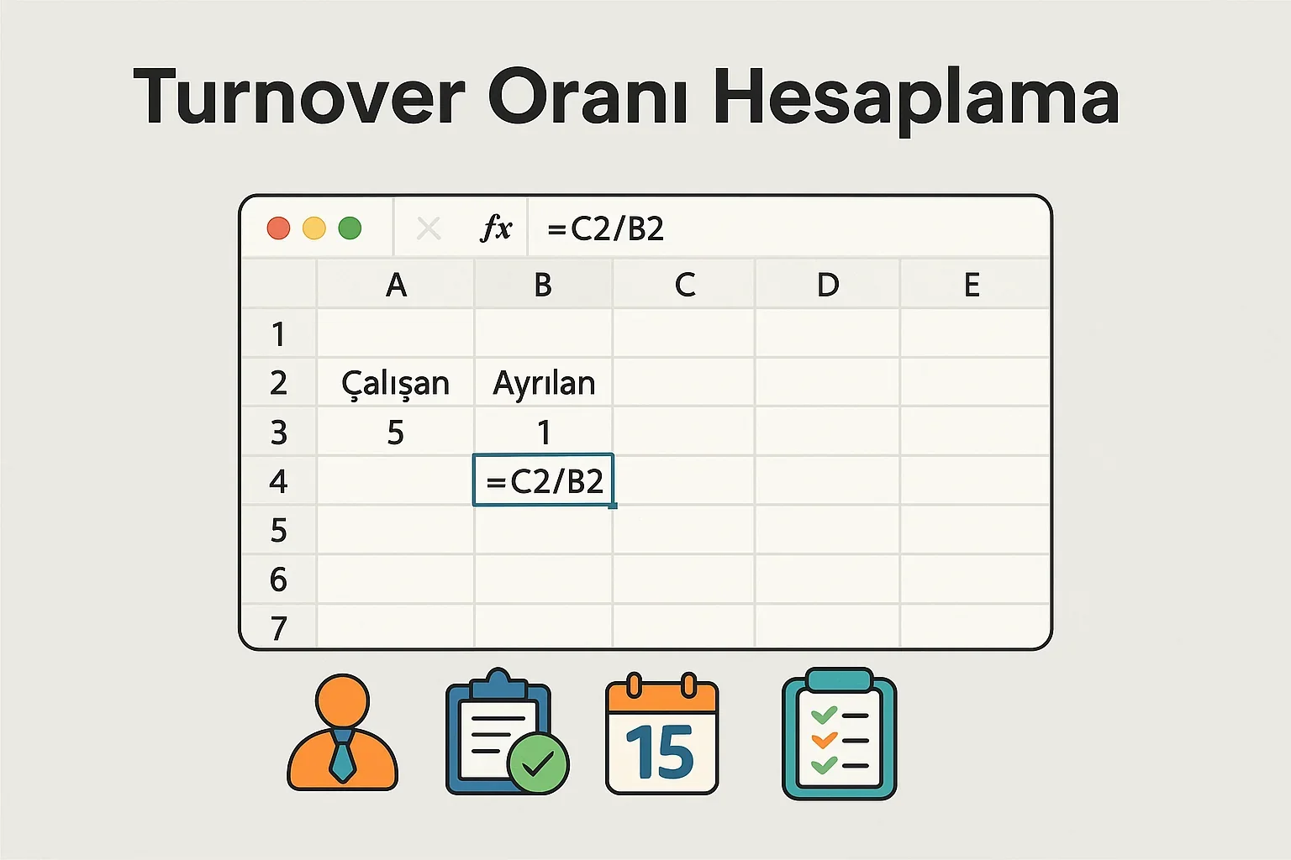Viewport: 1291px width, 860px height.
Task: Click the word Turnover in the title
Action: click(x=299, y=97)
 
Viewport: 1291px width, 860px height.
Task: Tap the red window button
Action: click(x=278, y=228)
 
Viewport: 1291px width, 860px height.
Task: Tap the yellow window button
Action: click(x=314, y=228)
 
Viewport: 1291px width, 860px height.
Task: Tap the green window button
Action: click(x=350, y=228)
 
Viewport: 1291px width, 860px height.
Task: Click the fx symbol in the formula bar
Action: click(x=496, y=228)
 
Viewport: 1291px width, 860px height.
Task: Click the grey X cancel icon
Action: click(x=429, y=228)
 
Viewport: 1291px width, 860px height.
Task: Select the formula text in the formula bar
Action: click(x=605, y=228)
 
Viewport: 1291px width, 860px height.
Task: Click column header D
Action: click(x=828, y=286)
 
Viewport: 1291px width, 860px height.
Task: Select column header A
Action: click(x=396, y=286)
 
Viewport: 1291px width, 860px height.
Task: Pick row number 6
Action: click(x=278, y=579)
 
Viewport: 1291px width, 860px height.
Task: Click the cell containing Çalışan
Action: click(x=395, y=384)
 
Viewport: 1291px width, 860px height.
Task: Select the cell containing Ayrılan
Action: click(x=544, y=384)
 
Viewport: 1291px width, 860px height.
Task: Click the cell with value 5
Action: click(x=395, y=433)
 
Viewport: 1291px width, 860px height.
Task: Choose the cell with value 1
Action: click(x=544, y=433)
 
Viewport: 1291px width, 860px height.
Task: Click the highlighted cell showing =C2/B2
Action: click(x=544, y=481)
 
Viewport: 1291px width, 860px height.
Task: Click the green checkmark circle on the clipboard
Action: click(x=537, y=763)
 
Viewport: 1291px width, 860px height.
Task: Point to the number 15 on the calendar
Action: click(x=661, y=752)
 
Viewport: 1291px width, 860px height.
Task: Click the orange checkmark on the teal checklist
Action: click(x=824, y=740)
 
